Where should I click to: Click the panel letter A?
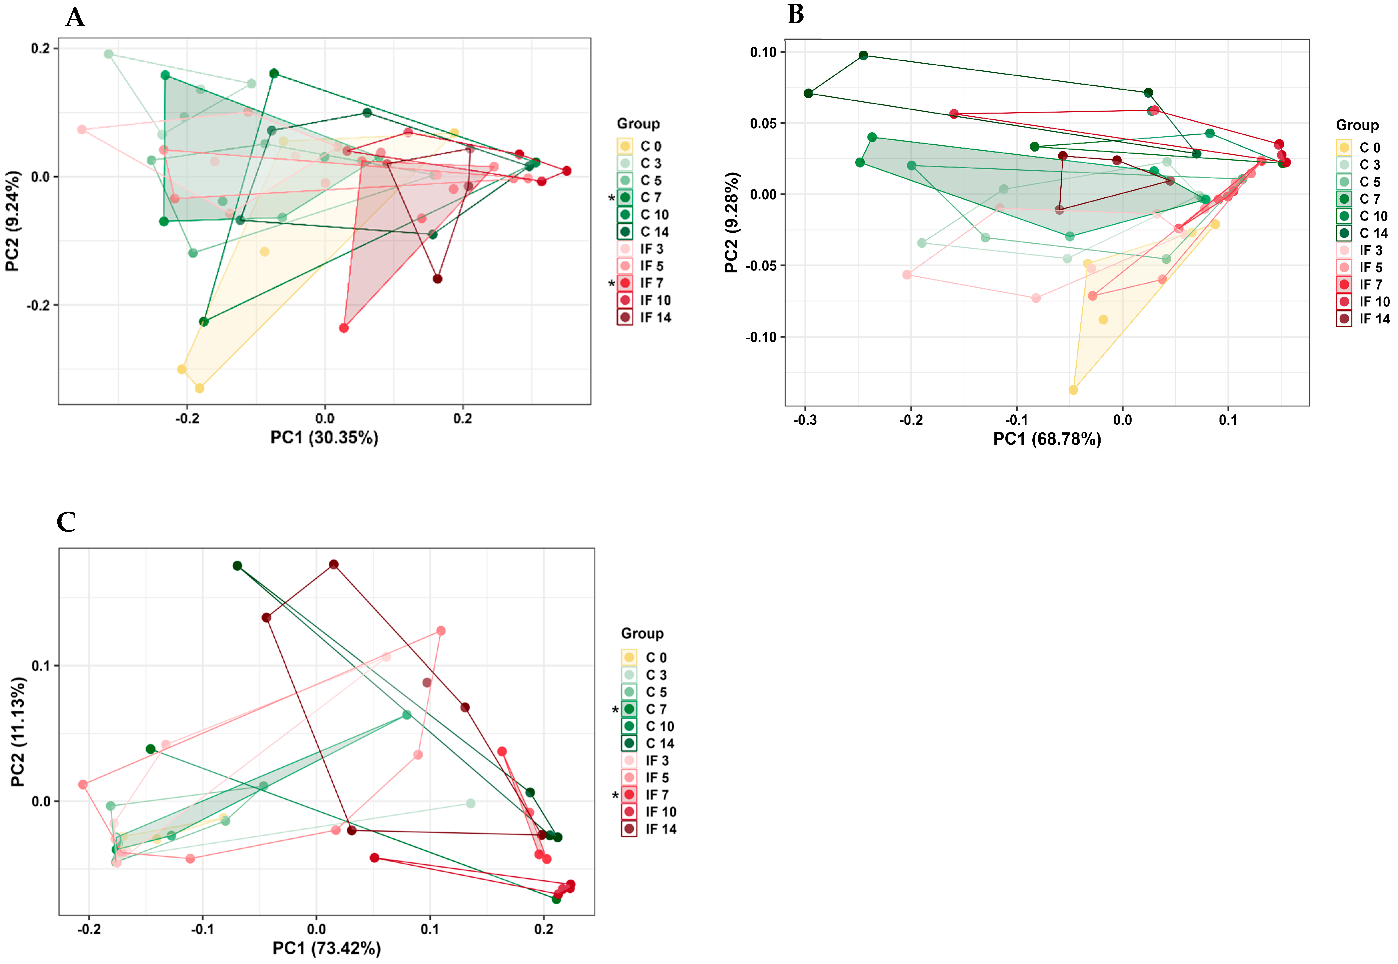pos(75,18)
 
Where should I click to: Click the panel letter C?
pos(66,522)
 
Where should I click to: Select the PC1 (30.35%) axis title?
pos(324,437)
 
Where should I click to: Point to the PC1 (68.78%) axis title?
pos(1047,439)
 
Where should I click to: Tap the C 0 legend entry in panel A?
pos(640,146)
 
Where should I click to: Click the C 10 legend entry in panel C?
pos(649,726)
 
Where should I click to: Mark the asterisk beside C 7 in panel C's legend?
pos(615,710)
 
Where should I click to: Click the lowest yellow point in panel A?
pos(199,388)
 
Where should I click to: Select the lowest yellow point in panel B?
pos(1073,390)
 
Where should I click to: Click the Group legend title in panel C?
pos(642,633)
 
